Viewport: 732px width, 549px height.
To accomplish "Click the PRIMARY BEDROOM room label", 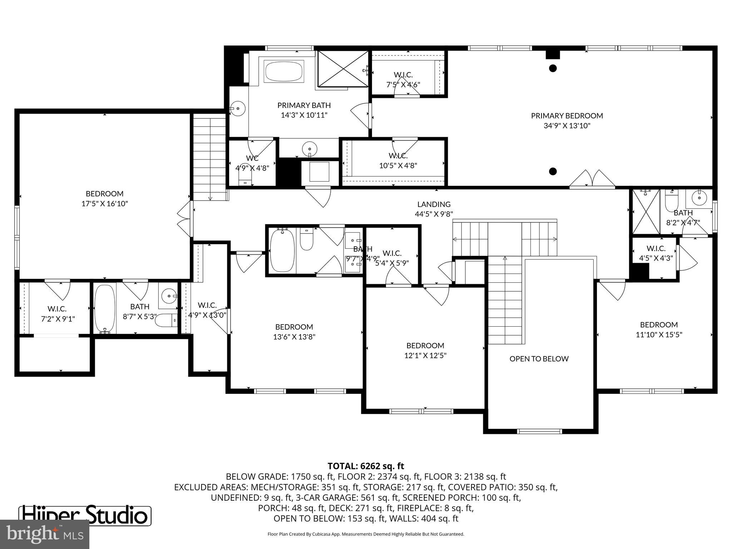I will [567, 116].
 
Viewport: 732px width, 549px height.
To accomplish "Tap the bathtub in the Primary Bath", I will [283, 71].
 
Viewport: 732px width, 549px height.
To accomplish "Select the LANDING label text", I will [434, 204].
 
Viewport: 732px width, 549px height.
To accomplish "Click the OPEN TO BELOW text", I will [539, 359].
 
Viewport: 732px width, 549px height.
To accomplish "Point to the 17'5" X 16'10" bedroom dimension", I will [104, 204].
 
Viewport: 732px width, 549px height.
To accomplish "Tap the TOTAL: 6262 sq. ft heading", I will [365, 466].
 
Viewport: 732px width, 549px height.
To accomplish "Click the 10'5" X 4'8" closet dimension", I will [398, 166].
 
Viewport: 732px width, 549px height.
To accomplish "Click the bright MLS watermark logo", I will [44, 534].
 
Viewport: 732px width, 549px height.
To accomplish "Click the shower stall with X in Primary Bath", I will [342, 68].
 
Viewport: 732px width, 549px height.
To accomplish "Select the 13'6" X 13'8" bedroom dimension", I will [294, 337].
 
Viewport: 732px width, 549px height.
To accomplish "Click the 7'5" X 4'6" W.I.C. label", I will [403, 85].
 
